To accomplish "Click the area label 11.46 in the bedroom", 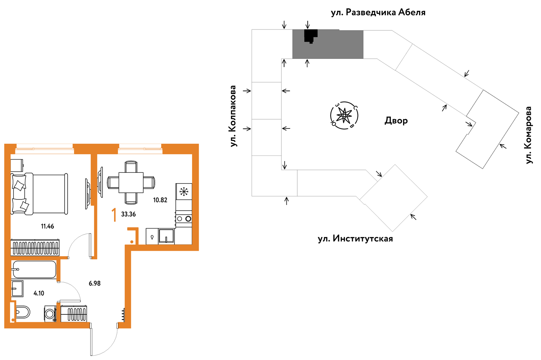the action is tap(47, 226).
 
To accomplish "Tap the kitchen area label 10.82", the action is tap(160, 200).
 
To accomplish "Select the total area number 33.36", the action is tap(128, 214).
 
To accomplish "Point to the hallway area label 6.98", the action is tap(95, 283).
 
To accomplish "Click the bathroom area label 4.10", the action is tap(39, 293).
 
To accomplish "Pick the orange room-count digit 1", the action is tap(114, 215).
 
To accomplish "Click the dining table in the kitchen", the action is tap(131, 183).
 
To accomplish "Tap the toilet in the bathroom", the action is tap(23, 312).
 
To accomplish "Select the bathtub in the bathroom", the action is tap(34, 269).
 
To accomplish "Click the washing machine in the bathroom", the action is tap(50, 314).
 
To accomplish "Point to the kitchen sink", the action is tap(166, 236).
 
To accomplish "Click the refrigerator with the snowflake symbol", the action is tap(184, 191).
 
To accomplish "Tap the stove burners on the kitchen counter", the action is tap(184, 219).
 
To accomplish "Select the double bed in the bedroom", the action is tap(39, 194).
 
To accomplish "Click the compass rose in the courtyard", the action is tap(344, 115).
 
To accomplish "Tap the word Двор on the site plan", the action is tap(396, 120).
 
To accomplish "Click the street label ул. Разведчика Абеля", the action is tap(378, 12).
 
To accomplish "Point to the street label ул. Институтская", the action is tap(355, 239).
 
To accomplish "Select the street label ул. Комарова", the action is tap(528, 135).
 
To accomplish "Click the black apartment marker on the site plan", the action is tap(311, 36).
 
